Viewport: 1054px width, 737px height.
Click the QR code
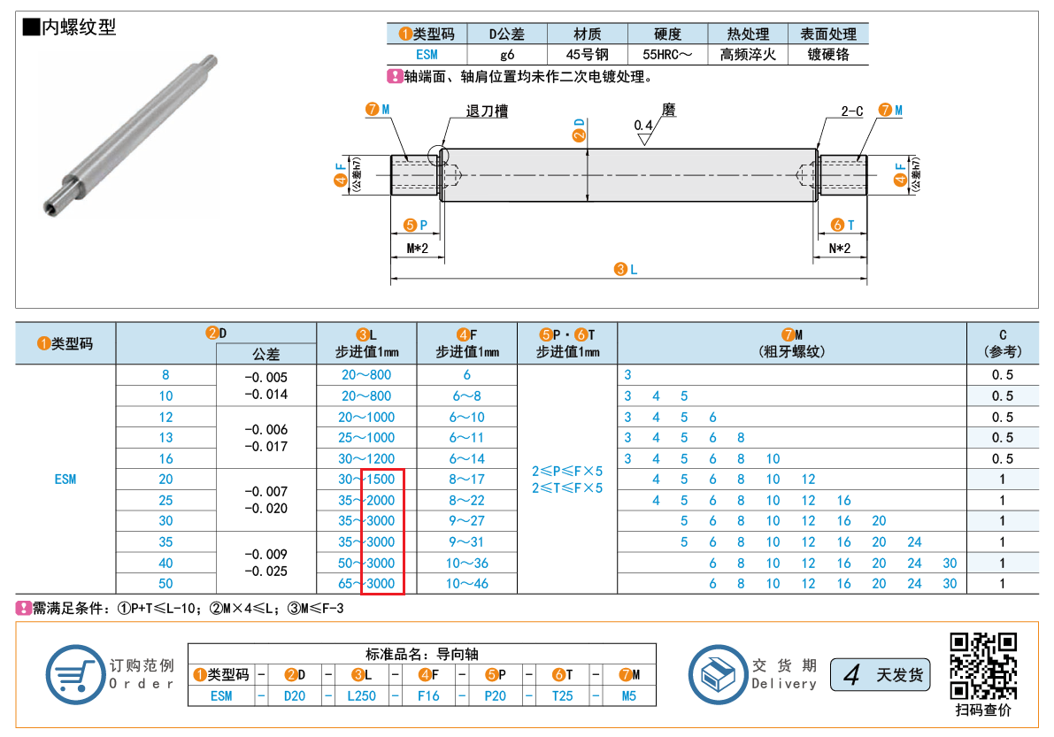pyautogui.click(x=982, y=666)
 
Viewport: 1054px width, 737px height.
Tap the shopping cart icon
pyautogui.click(x=75, y=674)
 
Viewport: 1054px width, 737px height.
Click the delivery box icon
pyautogui.click(x=718, y=674)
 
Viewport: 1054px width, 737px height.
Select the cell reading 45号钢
pyautogui.click(x=587, y=55)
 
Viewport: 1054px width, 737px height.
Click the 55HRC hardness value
pyautogui.click(x=666, y=55)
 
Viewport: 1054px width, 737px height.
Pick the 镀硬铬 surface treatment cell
pyautogui.click(x=828, y=55)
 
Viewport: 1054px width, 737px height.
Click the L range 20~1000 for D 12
pyautogui.click(x=366, y=418)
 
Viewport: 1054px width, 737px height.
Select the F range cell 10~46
pyautogui.click(x=466, y=584)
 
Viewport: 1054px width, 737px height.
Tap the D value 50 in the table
pyautogui.click(x=165, y=584)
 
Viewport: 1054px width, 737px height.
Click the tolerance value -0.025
pyautogui.click(x=265, y=571)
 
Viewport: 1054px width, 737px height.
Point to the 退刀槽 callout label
pyautogui.click(x=487, y=111)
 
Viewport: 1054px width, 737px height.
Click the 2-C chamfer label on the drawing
pyautogui.click(x=851, y=111)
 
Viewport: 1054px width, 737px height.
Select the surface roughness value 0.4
pyautogui.click(x=643, y=125)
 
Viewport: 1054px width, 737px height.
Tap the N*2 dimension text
pyautogui.click(x=839, y=249)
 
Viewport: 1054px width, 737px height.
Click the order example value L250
pyautogui.click(x=361, y=696)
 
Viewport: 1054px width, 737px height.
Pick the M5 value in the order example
pyautogui.click(x=628, y=696)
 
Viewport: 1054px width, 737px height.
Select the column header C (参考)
pyautogui.click(x=1003, y=343)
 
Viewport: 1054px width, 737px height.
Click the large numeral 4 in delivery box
pyautogui.click(x=851, y=674)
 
